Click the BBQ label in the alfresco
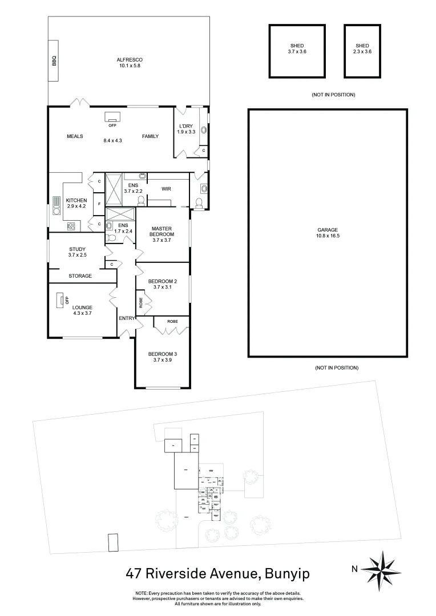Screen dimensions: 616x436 (55, 60)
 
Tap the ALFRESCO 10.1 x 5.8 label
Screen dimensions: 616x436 (130, 63)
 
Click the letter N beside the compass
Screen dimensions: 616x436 (354, 568)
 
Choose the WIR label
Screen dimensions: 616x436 (166, 189)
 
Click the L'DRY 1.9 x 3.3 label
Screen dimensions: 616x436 (187, 129)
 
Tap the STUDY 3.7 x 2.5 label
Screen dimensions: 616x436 (77, 252)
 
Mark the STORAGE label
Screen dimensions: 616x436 (80, 276)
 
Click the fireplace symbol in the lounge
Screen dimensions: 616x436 (60, 300)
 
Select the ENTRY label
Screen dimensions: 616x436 (126, 318)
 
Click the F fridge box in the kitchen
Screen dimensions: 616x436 (99, 204)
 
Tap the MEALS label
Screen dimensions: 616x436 (75, 136)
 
